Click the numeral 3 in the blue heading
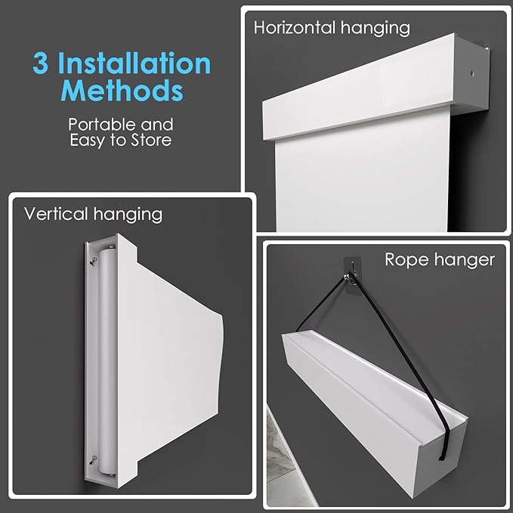pyautogui.click(x=41, y=63)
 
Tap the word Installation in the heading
pyautogui.click(x=134, y=63)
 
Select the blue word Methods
pyautogui.click(x=122, y=91)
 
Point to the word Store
pyautogui.click(x=151, y=140)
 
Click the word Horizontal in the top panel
pyautogui.click(x=295, y=27)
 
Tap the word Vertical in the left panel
pyautogui.click(x=56, y=214)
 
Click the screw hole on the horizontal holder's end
pyautogui.click(x=472, y=73)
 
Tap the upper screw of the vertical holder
pyautogui.click(x=94, y=261)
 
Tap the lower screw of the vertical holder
pyautogui.click(x=94, y=459)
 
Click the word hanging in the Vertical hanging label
pyautogui.click(x=128, y=215)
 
